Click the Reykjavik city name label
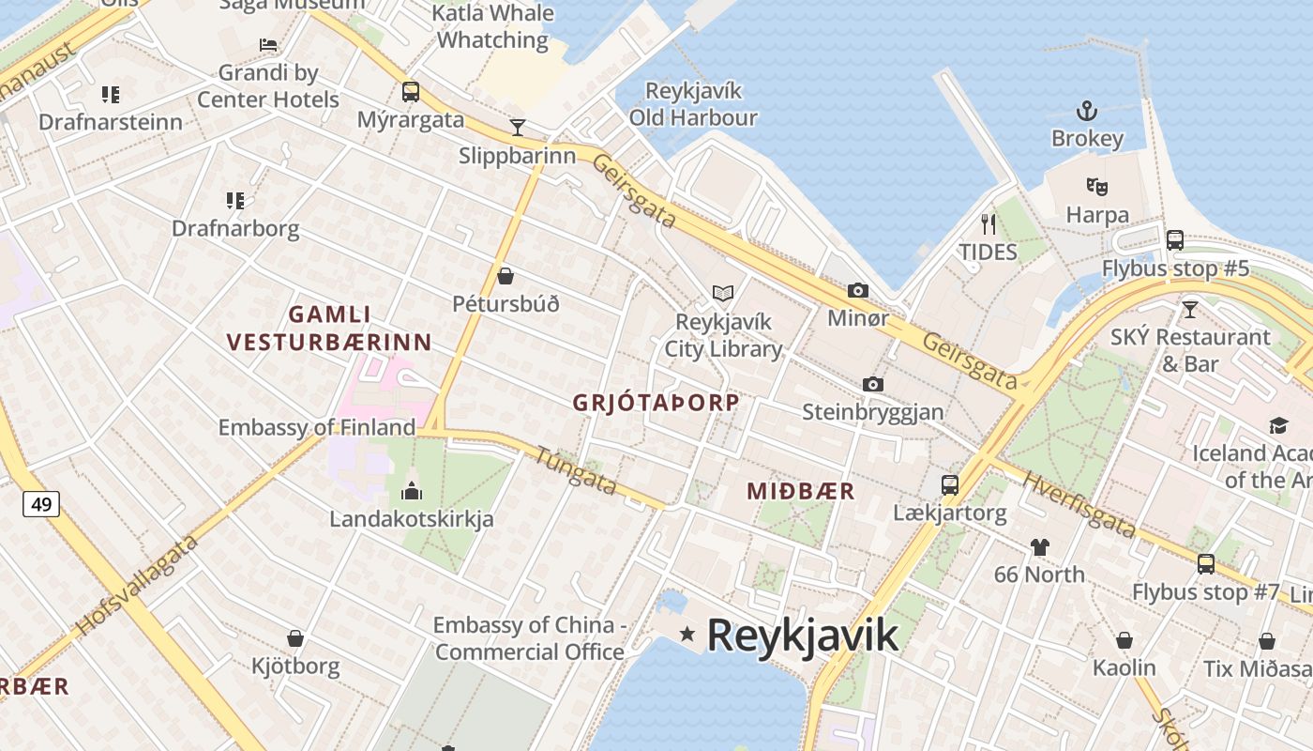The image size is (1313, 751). coord(802,636)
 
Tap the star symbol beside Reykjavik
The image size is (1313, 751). coord(687,635)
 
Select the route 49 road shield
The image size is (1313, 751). coord(41,504)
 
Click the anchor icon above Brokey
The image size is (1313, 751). coord(1086,111)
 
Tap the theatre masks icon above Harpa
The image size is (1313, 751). coord(1096,187)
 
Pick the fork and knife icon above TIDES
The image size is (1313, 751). coord(988,223)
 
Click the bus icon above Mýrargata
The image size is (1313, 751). coord(411,92)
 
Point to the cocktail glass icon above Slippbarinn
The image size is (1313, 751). coord(517,128)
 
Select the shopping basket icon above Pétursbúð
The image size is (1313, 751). coord(506,276)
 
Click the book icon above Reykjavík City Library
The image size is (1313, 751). coord(722,294)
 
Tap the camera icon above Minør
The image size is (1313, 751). coord(857,291)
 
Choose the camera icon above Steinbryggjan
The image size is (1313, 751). coord(873,385)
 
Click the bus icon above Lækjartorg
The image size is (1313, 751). coord(950,485)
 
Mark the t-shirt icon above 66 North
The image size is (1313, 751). coord(1039,546)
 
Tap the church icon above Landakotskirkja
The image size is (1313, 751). coord(411,490)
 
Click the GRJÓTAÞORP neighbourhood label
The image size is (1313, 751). coord(656,403)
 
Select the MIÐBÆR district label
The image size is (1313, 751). coord(801,491)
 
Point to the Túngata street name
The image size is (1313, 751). coord(575,469)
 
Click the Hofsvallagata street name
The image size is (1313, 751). coord(138,585)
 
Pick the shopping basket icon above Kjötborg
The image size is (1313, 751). coord(295,639)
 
